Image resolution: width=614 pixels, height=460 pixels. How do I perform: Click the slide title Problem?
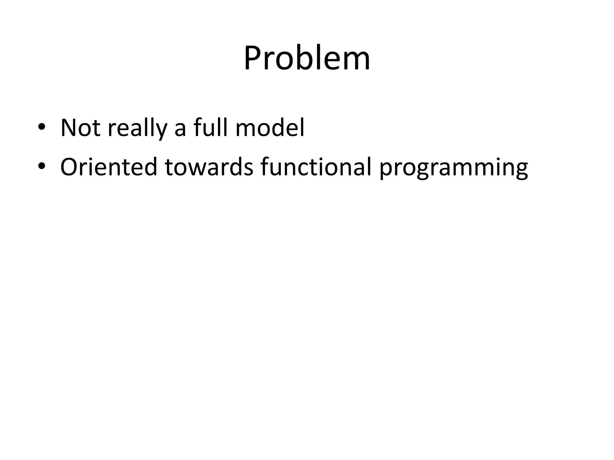(307, 58)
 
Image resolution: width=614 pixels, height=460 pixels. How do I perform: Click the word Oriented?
(109, 167)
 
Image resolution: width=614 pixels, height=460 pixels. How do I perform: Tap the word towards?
(209, 167)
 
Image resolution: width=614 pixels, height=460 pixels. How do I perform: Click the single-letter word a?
(180, 130)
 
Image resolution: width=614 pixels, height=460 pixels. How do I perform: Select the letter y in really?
(161, 132)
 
